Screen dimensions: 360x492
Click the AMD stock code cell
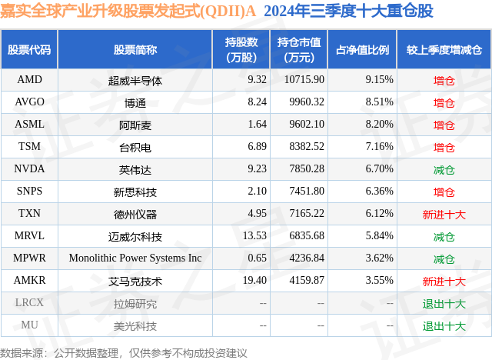click(29, 79)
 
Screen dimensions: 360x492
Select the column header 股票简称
click(135, 50)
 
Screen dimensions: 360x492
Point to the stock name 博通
click(135, 102)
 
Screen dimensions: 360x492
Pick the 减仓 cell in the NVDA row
click(444, 169)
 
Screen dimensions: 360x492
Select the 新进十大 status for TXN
click(444, 214)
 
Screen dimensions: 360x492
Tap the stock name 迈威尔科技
click(135, 236)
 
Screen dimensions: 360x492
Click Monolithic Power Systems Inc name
click(135, 258)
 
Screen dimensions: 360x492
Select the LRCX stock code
click(29, 303)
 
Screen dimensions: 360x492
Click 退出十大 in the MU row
click(444, 325)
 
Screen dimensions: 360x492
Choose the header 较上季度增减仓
click(444, 50)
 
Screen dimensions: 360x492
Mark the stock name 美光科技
click(135, 325)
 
